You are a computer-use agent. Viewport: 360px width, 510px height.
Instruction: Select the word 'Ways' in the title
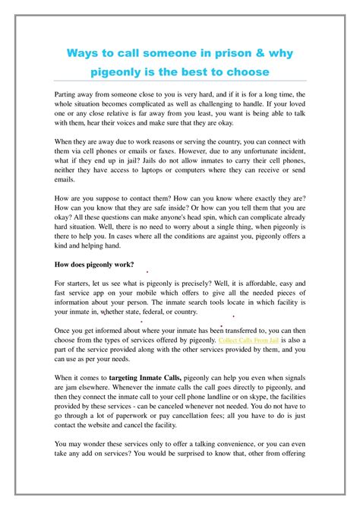[80, 54]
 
